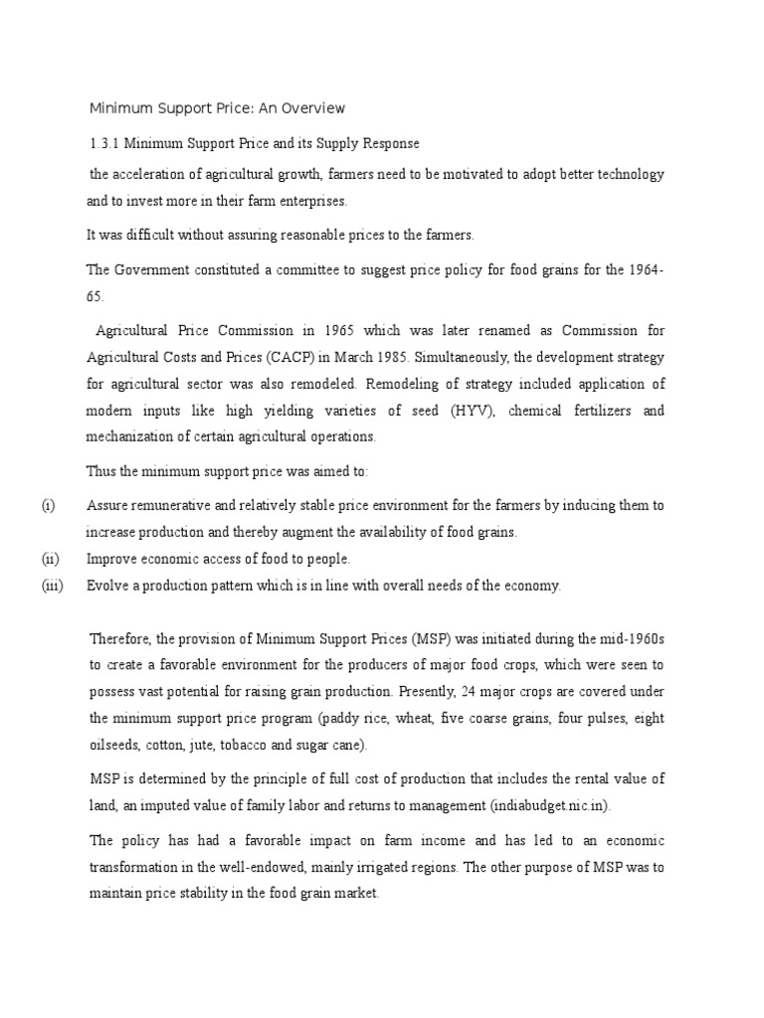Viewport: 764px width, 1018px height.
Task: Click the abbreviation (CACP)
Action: [292, 356]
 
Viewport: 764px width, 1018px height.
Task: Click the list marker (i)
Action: [48, 506]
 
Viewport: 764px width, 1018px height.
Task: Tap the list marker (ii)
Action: [50, 559]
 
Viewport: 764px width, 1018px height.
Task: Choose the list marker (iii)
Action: [52, 586]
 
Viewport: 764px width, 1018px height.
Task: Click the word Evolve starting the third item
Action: [107, 586]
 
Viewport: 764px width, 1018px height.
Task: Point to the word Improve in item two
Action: [112, 559]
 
